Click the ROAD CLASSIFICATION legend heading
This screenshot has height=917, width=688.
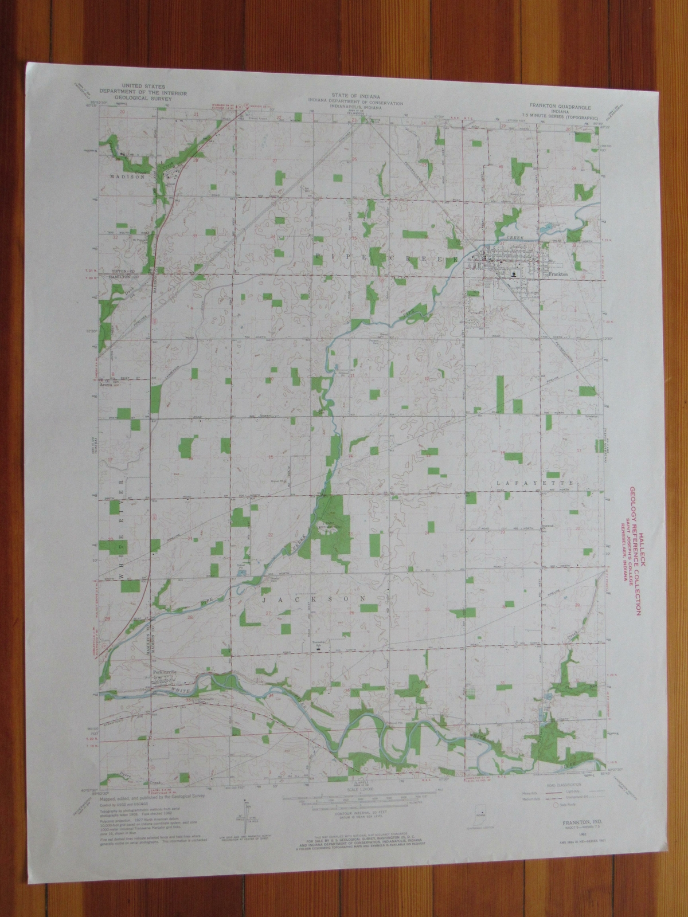pyautogui.click(x=561, y=766)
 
